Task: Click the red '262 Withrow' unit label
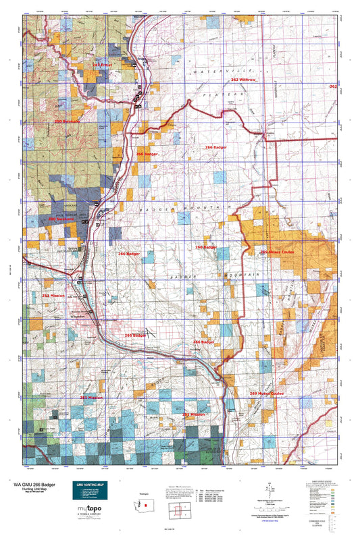click(243, 80)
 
